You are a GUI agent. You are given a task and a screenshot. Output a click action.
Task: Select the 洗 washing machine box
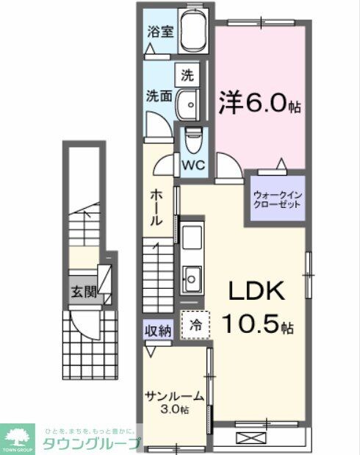[x=187, y=74]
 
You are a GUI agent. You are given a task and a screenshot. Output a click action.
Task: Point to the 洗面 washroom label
[x=158, y=96]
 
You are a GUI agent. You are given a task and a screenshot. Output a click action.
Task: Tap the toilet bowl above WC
[x=192, y=137]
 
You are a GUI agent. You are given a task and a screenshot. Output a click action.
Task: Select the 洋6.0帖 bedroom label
[x=259, y=102]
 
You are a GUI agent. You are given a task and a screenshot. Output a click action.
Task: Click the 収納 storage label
[x=157, y=331]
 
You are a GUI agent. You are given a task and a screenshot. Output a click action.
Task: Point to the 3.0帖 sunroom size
[x=175, y=409]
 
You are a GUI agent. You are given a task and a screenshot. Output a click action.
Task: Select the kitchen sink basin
[x=194, y=279]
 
